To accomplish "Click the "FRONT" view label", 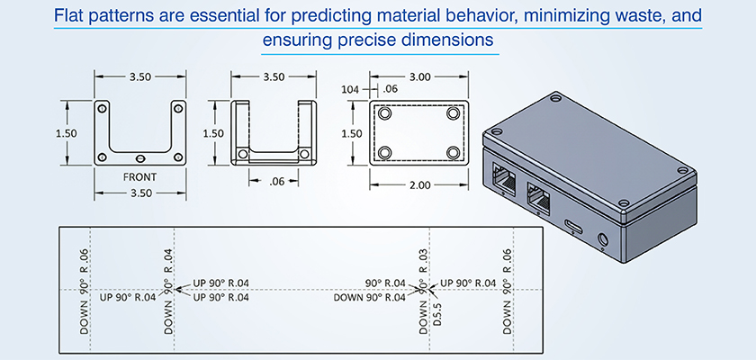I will (139, 177).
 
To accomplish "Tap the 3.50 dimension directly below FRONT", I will (139, 192).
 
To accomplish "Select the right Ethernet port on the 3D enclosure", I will (538, 196).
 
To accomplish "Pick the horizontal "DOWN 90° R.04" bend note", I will (370, 298).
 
